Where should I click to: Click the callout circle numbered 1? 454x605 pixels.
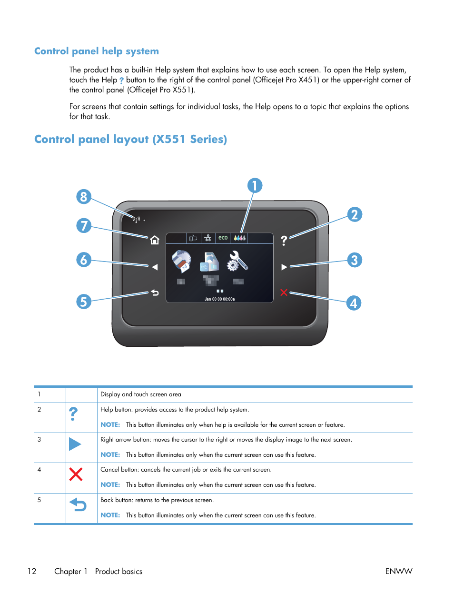pyautogui.click(x=255, y=185)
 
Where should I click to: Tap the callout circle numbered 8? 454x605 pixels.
pyautogui.click(x=84, y=196)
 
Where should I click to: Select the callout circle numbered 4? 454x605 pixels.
pyautogui.click(x=353, y=303)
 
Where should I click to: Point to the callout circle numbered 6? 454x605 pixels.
pyautogui.click(x=84, y=260)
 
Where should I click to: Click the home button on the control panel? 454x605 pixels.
pyautogui.click(x=155, y=240)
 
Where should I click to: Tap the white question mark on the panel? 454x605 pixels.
pyautogui.click(x=284, y=241)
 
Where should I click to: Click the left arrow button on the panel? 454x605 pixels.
pyautogui.click(x=155, y=267)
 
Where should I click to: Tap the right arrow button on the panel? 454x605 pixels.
pyautogui.click(x=284, y=267)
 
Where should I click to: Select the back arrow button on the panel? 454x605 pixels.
pyautogui.click(x=155, y=292)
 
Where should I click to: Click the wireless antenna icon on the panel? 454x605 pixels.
pyautogui.click(x=136, y=220)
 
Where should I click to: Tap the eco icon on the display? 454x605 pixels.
pyautogui.click(x=223, y=238)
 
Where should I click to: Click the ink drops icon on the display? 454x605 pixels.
pyautogui.click(x=239, y=238)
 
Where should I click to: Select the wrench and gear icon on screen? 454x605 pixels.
pyautogui.click(x=237, y=261)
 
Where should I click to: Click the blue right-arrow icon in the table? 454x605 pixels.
pyautogui.click(x=75, y=444)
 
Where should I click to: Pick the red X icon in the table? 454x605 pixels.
pyautogui.click(x=76, y=474)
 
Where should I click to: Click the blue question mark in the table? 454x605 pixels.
pyautogui.click(x=73, y=413)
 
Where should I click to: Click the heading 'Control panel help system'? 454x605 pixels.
pyautogui.click(x=97, y=51)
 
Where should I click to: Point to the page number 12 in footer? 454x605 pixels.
pyautogui.click(x=32, y=571)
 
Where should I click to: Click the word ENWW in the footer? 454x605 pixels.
pyautogui.click(x=398, y=571)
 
